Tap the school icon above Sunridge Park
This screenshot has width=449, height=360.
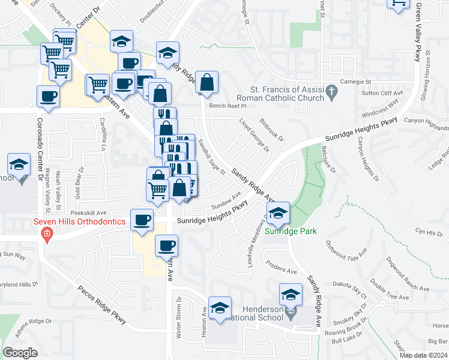tap(278, 214)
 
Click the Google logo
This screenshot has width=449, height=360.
tap(20, 353)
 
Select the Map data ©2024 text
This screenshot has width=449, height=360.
tap(423, 355)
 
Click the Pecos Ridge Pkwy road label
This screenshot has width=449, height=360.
tap(103, 304)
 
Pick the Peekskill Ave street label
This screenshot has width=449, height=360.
tap(88, 213)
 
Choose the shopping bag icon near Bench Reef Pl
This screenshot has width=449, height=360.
tap(206, 84)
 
